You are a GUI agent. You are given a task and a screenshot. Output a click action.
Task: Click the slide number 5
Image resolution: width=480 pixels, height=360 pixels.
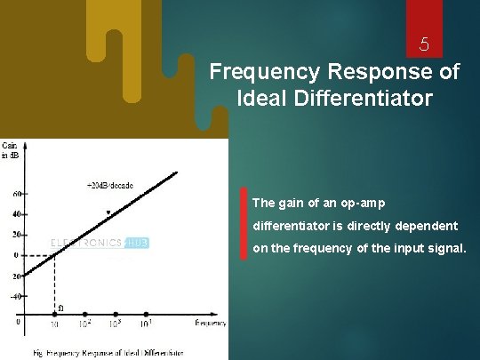(x=425, y=44)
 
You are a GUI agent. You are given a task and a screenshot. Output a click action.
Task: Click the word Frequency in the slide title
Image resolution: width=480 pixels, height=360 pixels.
(x=252, y=72)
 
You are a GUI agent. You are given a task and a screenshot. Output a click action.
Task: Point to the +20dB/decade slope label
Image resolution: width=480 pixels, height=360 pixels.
(x=109, y=186)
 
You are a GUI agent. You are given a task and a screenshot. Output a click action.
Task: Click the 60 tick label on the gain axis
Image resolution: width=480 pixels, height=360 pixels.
(x=16, y=194)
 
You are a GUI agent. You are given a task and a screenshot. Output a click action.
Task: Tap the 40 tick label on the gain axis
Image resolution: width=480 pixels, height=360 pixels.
(x=16, y=214)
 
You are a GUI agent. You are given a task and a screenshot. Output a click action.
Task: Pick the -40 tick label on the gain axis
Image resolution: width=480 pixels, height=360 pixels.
(x=14, y=296)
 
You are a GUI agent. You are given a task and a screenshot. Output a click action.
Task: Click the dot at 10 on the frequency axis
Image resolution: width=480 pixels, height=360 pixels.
(x=54, y=314)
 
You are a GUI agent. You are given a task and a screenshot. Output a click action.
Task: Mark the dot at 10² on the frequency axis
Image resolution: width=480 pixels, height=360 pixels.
(x=85, y=314)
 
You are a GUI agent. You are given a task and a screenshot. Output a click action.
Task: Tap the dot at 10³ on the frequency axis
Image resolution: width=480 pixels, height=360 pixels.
(x=116, y=314)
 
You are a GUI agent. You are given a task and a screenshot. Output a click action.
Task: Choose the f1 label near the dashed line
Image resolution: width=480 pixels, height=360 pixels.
(x=60, y=308)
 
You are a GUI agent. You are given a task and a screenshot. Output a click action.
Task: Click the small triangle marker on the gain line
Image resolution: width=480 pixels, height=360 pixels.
(x=108, y=213)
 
